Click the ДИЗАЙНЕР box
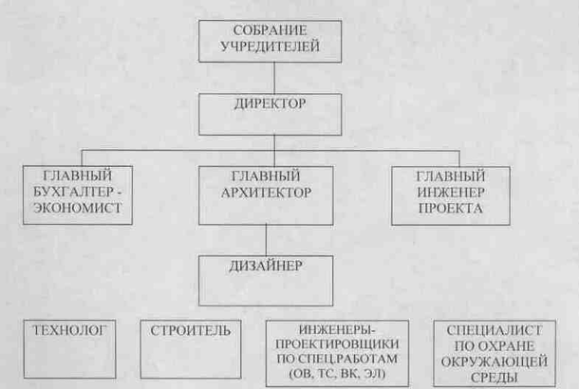pyautogui.click(x=265, y=276)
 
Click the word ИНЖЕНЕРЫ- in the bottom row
pyautogui.click(x=338, y=330)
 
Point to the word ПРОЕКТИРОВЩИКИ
pyautogui.click(x=338, y=345)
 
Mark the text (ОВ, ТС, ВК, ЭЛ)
pyautogui.click(x=338, y=378)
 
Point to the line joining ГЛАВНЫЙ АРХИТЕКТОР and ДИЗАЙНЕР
pyautogui.click(x=266, y=237)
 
